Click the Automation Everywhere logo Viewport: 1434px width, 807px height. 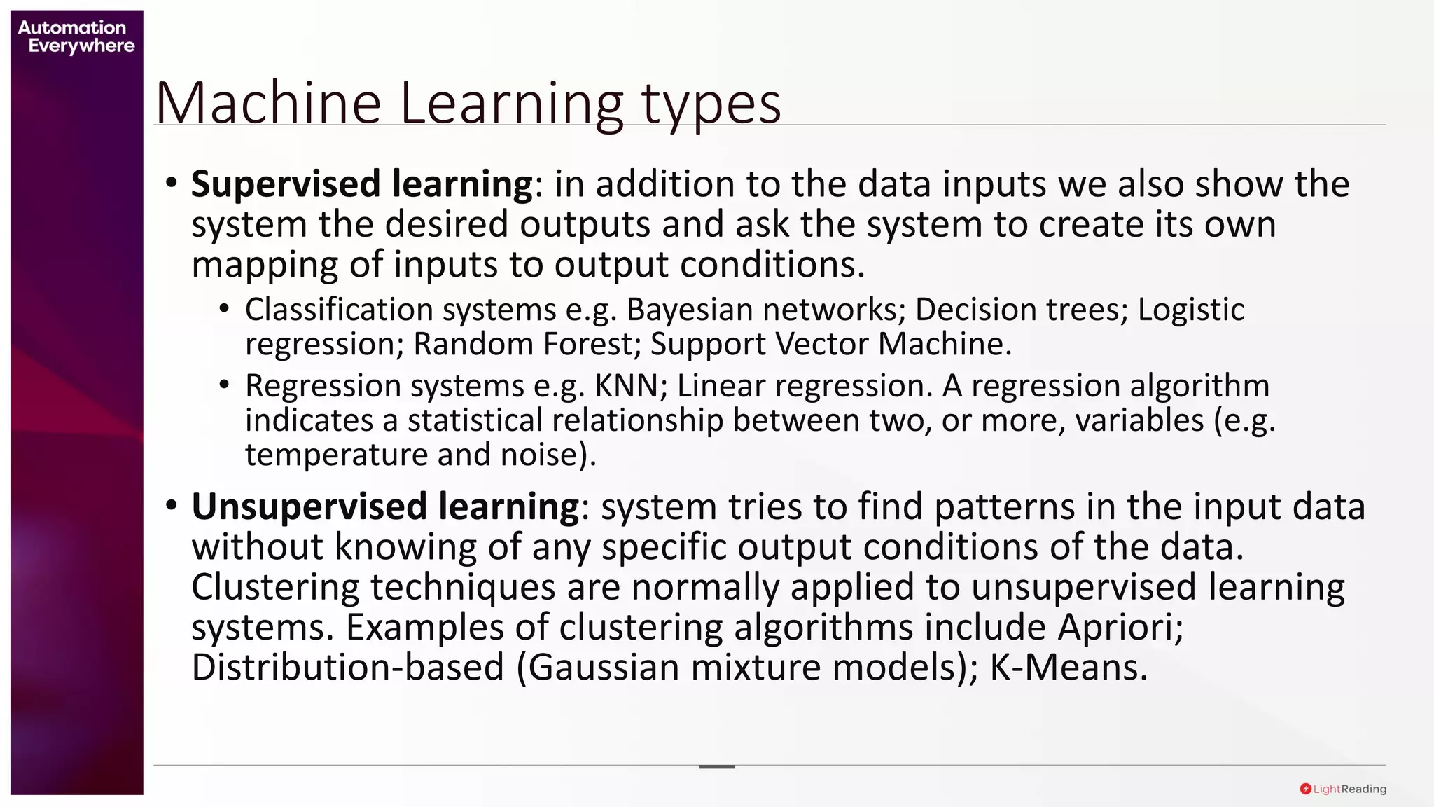tap(75, 36)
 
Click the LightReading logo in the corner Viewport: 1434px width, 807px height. tap(1342, 789)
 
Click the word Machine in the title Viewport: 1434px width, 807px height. tap(267, 104)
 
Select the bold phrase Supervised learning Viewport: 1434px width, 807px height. tap(362, 184)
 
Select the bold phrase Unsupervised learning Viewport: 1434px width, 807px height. tap(385, 506)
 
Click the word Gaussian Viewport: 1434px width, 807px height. tap(604, 668)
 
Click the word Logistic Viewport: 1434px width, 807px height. tap(1190, 310)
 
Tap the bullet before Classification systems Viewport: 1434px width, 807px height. tap(223, 308)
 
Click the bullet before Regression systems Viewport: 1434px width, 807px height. tap(223, 385)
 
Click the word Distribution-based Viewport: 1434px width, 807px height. tap(347, 668)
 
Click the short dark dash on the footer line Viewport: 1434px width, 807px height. tap(716, 766)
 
